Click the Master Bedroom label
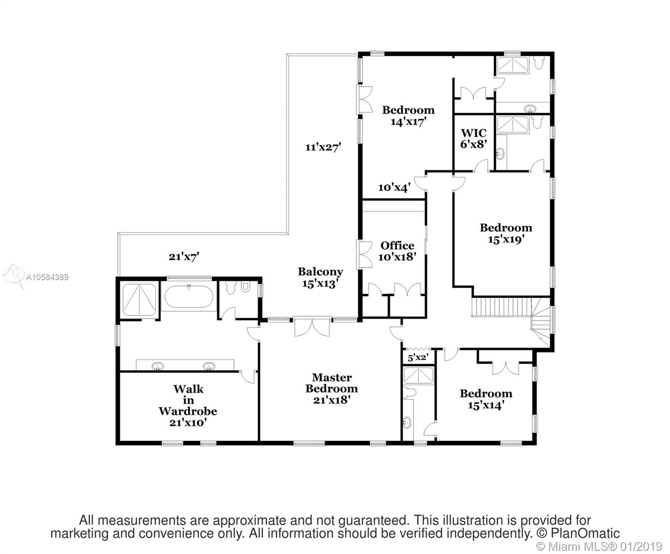[332, 389]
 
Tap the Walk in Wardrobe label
[188, 405]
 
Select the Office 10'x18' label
[397, 251]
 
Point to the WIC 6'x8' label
[473, 138]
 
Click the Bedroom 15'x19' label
[506, 233]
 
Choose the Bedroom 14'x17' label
[408, 115]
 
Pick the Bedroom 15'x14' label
[486, 399]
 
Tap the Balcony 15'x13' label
[320, 277]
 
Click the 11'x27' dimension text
[323, 147]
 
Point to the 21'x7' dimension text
[183, 257]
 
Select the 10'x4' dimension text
[394, 187]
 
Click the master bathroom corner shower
[139, 300]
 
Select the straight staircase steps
[501, 307]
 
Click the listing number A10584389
[47, 277]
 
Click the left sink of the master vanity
[158, 366]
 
